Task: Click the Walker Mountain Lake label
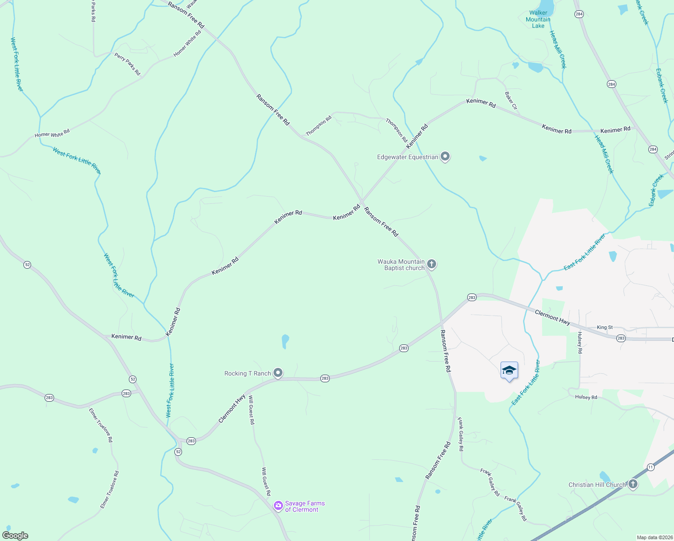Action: click(x=538, y=19)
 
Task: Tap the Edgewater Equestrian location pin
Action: click(x=445, y=156)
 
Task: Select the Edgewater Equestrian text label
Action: click(x=407, y=157)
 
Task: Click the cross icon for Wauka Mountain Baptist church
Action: click(x=432, y=264)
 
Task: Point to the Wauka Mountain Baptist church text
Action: click(x=401, y=265)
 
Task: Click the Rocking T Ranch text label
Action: click(x=247, y=373)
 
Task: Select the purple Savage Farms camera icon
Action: click(x=278, y=505)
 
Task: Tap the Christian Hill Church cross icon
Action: click(x=633, y=485)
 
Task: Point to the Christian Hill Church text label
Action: click(x=597, y=485)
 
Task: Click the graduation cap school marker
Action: click(x=509, y=371)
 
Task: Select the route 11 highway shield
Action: click(x=651, y=467)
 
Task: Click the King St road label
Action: click(x=605, y=327)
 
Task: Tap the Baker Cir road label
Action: click(x=511, y=101)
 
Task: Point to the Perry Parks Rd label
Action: click(x=128, y=64)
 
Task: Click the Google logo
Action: click(x=15, y=536)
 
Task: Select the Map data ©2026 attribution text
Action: click(x=654, y=537)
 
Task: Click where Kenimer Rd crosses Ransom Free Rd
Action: click(x=362, y=202)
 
